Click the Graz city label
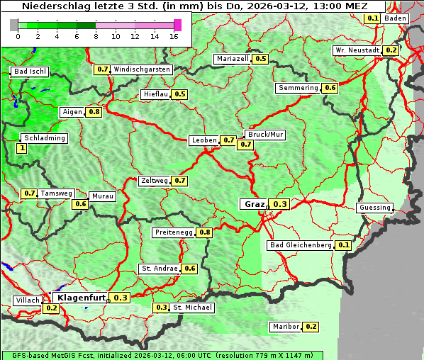[255, 204]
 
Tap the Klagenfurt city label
[82, 298]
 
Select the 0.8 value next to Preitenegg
[205, 232]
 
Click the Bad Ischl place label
[30, 72]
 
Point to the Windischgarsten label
[142, 69]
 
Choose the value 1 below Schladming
[22, 148]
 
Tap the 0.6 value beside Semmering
[330, 88]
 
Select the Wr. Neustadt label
[357, 50]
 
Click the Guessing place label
[374, 208]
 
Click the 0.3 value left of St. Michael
[162, 308]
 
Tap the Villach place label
[28, 300]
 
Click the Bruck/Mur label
[264, 134]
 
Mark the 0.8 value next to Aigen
[94, 112]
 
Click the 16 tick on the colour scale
[174, 35]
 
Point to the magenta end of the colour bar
[177, 25]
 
